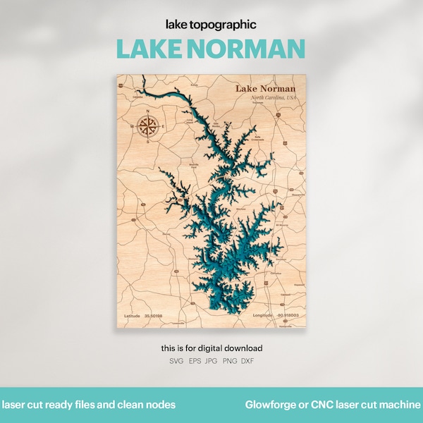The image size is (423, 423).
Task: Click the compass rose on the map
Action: pyautogui.click(x=148, y=127)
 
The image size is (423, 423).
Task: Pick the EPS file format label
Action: pyautogui.click(x=194, y=361)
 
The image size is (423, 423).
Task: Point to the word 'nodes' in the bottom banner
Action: pyautogui.click(x=161, y=405)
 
